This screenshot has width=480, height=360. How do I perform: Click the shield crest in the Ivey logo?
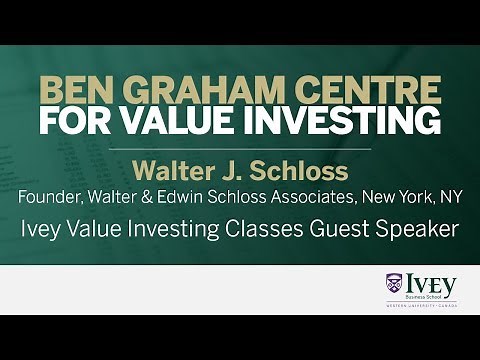(394, 284)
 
